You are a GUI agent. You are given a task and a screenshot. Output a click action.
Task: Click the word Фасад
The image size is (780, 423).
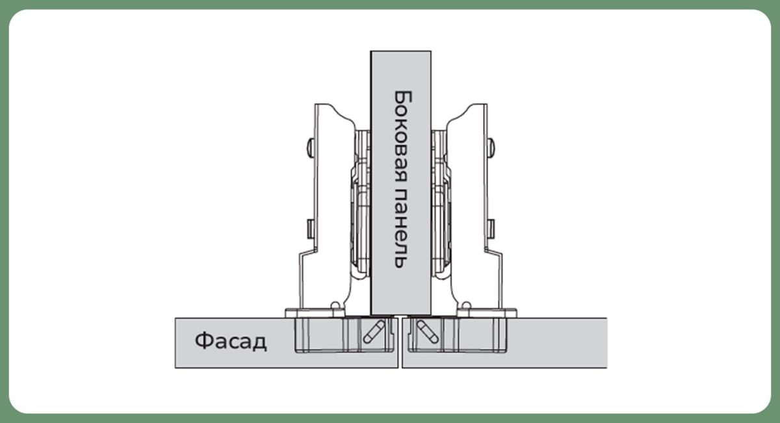(231, 342)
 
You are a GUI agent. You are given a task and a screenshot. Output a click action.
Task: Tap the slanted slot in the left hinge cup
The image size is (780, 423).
(374, 332)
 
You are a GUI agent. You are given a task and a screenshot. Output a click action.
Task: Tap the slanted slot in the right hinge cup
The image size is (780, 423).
(427, 332)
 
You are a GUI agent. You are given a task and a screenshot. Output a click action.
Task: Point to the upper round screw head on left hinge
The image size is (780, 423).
(310, 147)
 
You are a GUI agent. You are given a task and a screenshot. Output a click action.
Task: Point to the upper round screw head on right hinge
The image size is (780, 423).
(491, 147)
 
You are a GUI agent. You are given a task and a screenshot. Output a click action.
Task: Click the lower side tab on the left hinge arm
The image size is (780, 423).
(310, 228)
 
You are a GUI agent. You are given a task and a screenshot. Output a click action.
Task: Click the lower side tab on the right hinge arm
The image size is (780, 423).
(491, 228)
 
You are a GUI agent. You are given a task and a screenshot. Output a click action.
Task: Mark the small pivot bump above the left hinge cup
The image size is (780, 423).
(334, 305)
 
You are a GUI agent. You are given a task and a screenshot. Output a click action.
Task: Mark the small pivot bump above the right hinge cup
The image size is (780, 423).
(465, 305)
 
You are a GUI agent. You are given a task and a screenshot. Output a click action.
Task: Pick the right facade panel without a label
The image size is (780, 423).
(559, 342)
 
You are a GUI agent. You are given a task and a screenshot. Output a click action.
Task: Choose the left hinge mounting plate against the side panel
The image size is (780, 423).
(361, 201)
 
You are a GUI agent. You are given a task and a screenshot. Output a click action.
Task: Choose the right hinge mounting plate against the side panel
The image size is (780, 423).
(440, 201)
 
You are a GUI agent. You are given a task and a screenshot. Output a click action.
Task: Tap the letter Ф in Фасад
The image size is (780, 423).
(203, 342)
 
